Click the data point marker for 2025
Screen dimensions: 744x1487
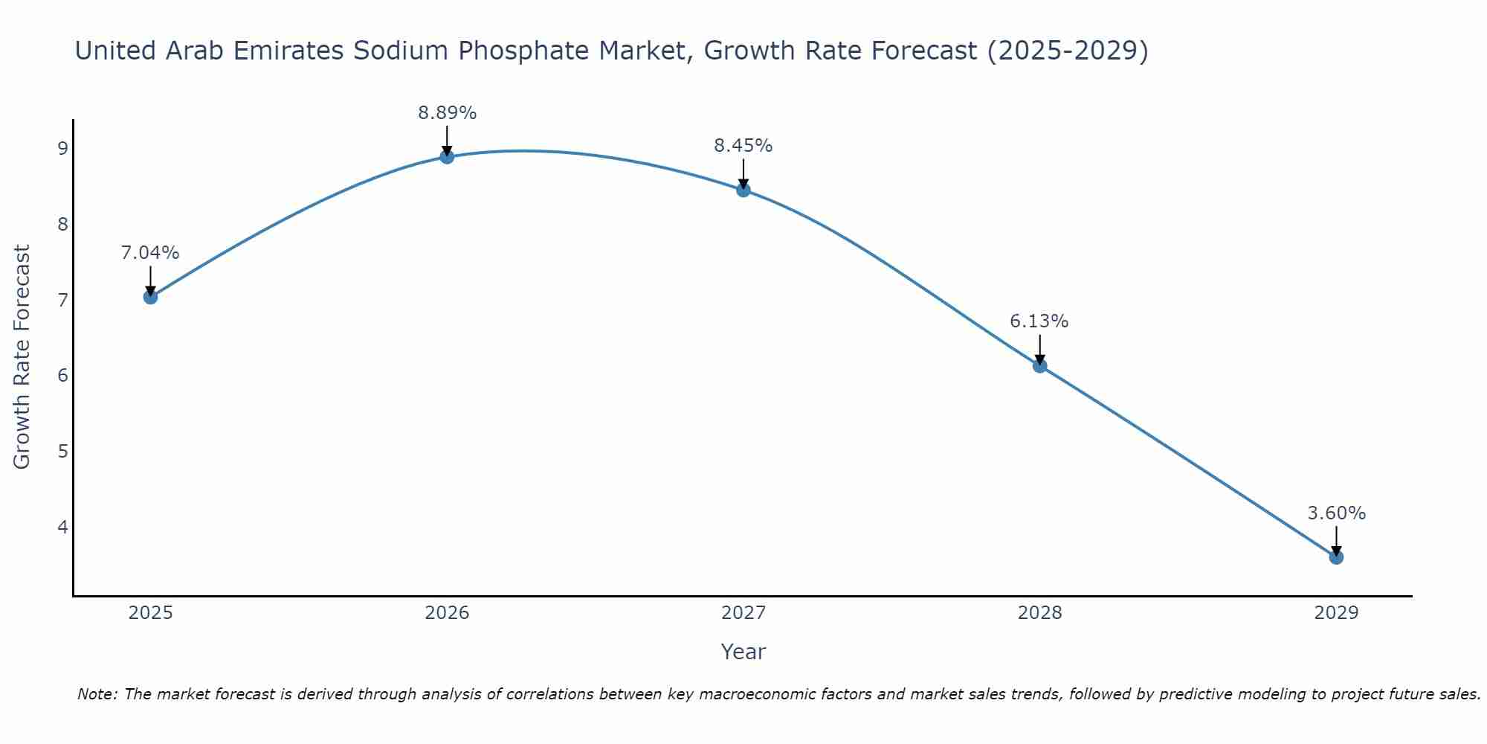click(x=150, y=297)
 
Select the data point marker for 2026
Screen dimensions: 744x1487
click(x=447, y=156)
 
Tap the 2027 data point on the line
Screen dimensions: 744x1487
click(x=743, y=190)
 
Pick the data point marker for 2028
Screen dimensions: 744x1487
click(x=1039, y=365)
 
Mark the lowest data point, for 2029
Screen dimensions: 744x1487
click(x=1336, y=557)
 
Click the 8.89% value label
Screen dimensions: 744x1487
click(x=447, y=113)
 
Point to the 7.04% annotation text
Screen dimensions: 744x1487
click(x=150, y=253)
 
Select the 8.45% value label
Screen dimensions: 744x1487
click(x=743, y=146)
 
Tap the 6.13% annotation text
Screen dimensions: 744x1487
click(x=1039, y=321)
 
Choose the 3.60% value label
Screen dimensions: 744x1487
click(x=1336, y=513)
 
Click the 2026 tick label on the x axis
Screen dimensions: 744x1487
click(x=447, y=613)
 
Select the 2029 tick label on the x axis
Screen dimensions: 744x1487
click(x=1336, y=613)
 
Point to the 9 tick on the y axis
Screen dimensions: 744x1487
click(x=62, y=148)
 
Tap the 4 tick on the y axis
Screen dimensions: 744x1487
click(x=62, y=527)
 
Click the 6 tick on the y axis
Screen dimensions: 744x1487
click(x=62, y=375)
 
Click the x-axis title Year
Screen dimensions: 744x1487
click(x=743, y=652)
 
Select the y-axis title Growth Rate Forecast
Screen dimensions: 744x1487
click(x=22, y=357)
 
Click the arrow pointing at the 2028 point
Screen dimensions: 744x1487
click(x=1039, y=350)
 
